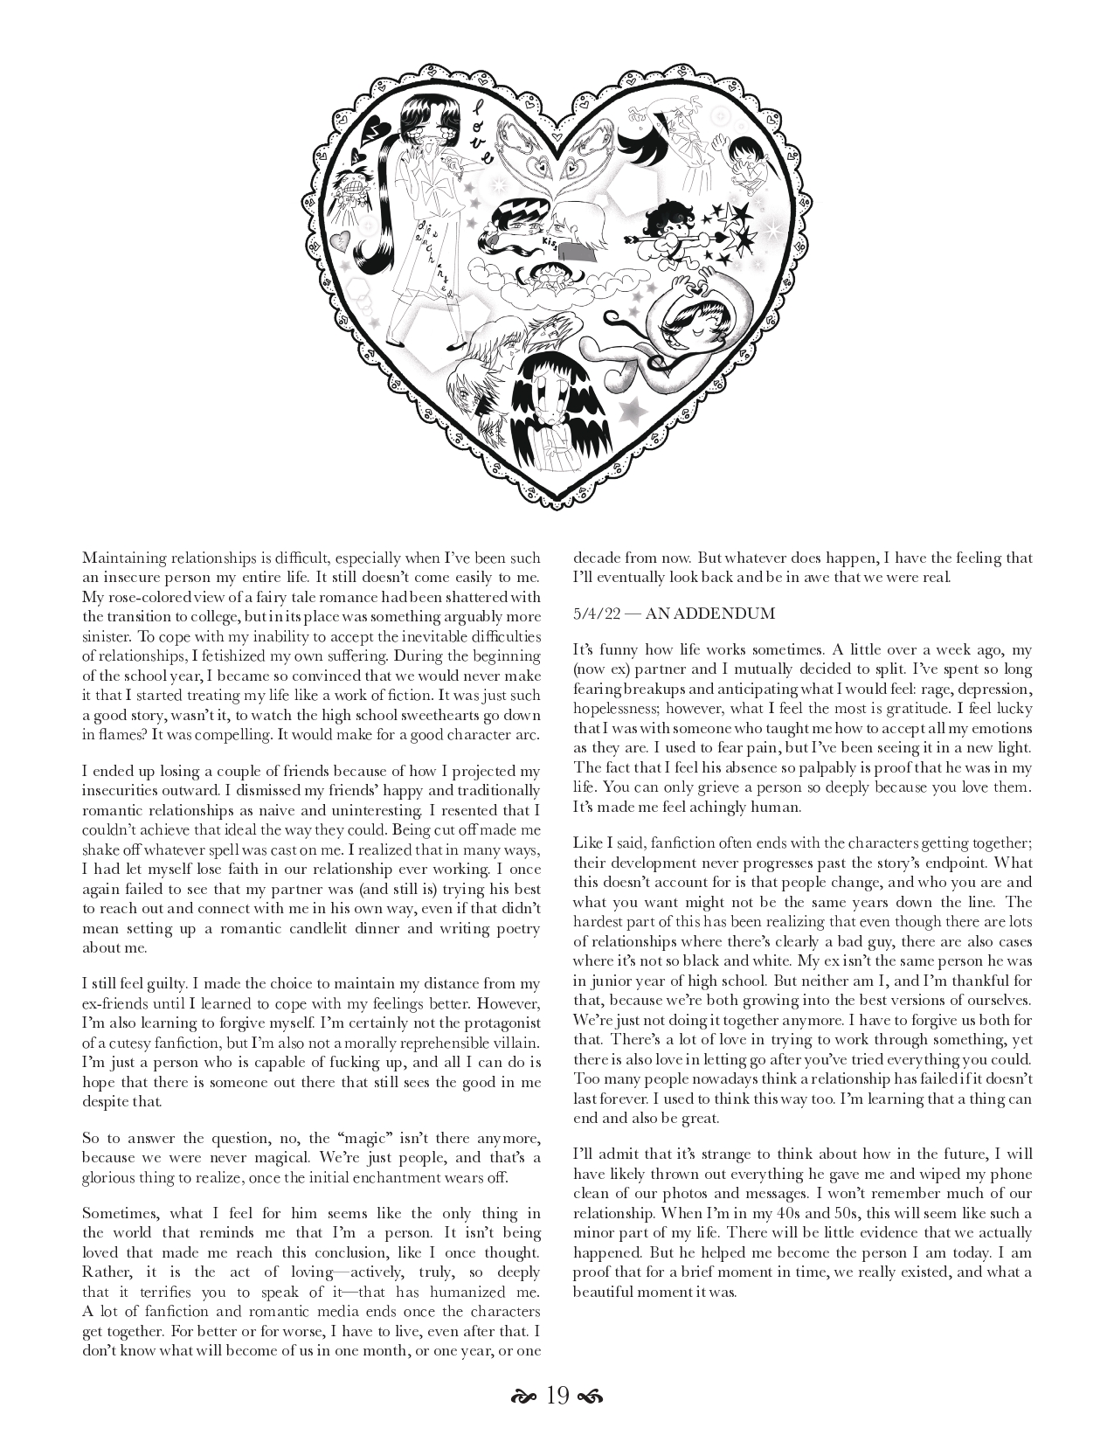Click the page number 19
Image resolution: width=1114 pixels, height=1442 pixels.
(x=557, y=1396)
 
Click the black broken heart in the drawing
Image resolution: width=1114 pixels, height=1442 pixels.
(x=377, y=130)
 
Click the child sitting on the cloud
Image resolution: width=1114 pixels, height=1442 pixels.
(x=548, y=273)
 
